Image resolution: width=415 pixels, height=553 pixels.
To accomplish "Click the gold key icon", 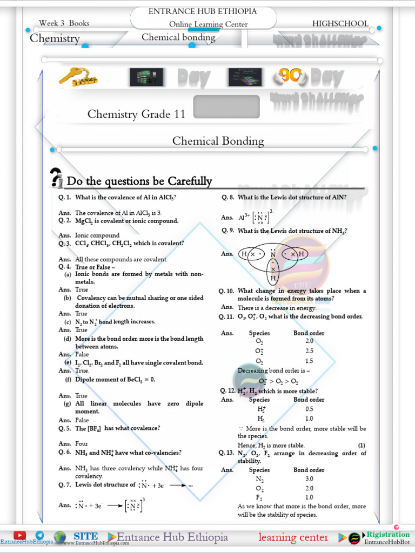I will [78, 78].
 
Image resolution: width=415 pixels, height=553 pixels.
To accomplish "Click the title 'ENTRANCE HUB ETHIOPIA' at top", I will [203, 11].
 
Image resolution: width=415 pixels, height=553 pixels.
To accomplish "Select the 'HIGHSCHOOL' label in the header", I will [340, 24].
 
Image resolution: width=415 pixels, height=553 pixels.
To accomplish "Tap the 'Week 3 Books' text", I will [64, 23].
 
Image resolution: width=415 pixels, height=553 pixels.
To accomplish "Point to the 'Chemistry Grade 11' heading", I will [136, 114].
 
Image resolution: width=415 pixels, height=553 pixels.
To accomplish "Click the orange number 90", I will [290, 76].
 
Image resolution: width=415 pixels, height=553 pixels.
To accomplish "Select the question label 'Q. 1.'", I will [65, 198].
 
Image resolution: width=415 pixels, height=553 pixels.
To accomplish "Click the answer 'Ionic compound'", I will [97, 235].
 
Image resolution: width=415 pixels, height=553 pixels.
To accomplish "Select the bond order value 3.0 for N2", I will [309, 479].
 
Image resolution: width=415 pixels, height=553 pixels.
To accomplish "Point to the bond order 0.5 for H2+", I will [309, 409].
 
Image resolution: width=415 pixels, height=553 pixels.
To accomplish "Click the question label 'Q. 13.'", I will [227, 454].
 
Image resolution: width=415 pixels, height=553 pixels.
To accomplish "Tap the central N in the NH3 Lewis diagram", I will [273, 254].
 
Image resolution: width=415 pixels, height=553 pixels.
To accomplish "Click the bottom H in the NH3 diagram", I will [273, 279].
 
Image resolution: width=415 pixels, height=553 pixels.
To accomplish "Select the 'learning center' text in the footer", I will [293, 537].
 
